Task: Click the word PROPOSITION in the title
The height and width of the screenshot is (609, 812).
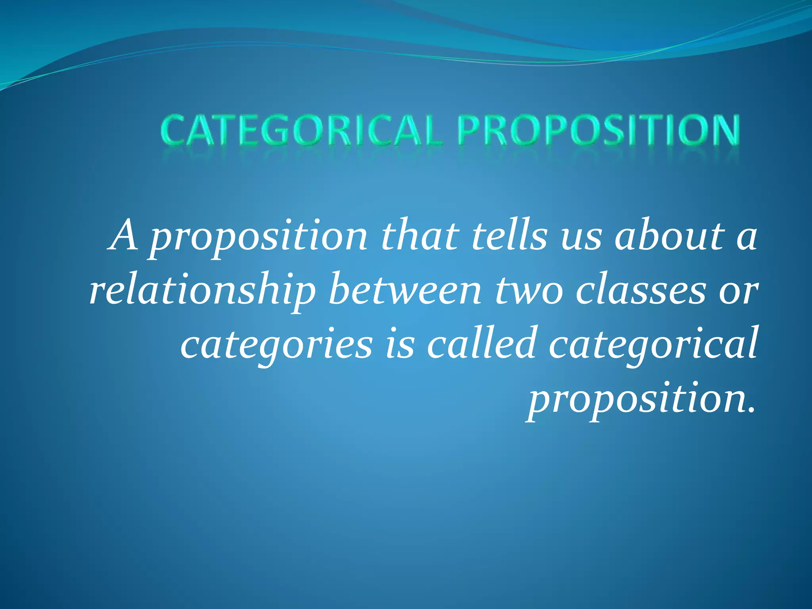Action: pos(598,130)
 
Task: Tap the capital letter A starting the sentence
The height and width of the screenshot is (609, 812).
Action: pos(124,236)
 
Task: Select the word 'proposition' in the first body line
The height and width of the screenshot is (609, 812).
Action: pos(260,238)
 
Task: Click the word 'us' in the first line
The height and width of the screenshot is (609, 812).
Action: pos(582,239)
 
